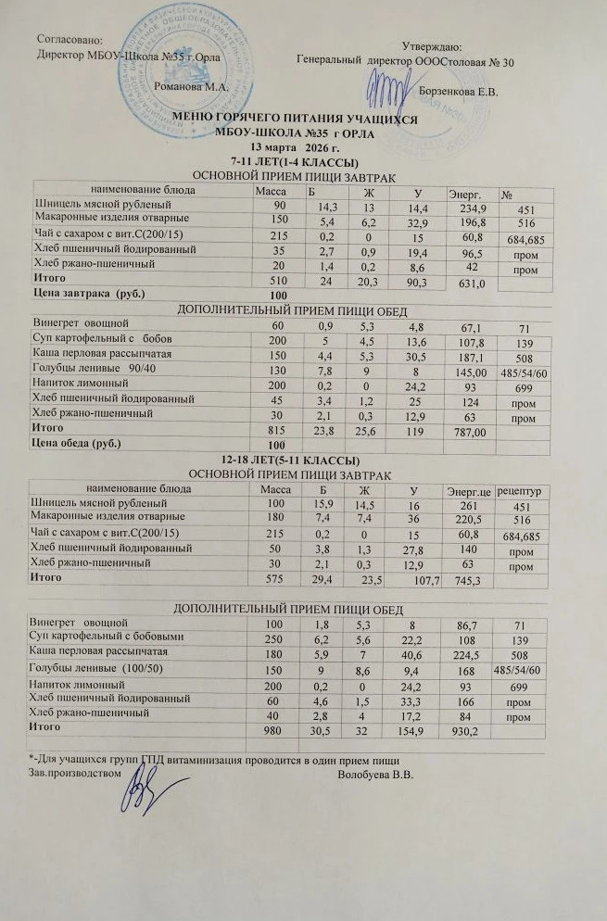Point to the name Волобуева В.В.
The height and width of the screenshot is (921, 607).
click(x=375, y=775)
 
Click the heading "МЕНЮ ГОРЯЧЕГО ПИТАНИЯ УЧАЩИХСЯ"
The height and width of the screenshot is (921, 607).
click(x=296, y=120)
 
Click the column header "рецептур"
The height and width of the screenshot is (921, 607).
click(x=523, y=488)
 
